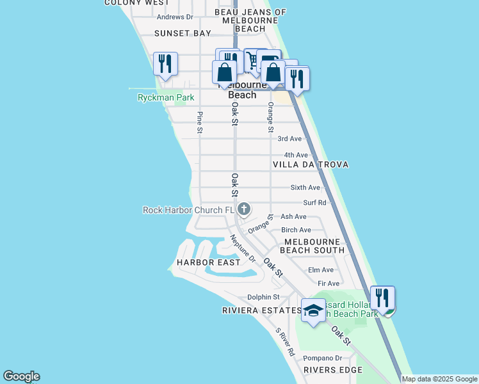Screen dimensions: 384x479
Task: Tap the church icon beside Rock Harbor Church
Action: pyautogui.click(x=244, y=209)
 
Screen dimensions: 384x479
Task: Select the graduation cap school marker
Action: pyautogui.click(x=313, y=310)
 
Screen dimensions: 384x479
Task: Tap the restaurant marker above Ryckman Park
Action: pyautogui.click(x=165, y=64)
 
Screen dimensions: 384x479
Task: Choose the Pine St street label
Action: pyautogui.click(x=200, y=122)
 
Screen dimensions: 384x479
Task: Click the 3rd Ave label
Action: pyautogui.click(x=289, y=138)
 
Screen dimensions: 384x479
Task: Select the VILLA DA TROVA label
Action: pyautogui.click(x=311, y=164)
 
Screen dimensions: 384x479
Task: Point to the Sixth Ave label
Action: pyautogui.click(x=305, y=188)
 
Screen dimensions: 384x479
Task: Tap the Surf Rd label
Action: pyautogui.click(x=314, y=203)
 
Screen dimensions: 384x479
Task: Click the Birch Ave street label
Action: pyautogui.click(x=296, y=230)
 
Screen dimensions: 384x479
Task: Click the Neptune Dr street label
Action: pyautogui.click(x=243, y=250)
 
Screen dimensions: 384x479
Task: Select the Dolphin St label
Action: pyautogui.click(x=264, y=297)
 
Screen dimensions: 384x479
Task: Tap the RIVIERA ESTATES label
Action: pyautogui.click(x=261, y=310)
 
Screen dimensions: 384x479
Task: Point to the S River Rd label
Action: pyautogui.click(x=285, y=342)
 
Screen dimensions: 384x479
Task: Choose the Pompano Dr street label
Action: pyautogui.click(x=323, y=358)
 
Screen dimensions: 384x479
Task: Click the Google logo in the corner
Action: pyautogui.click(x=21, y=376)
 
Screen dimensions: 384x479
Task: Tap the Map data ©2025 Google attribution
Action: pyautogui.click(x=439, y=379)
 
